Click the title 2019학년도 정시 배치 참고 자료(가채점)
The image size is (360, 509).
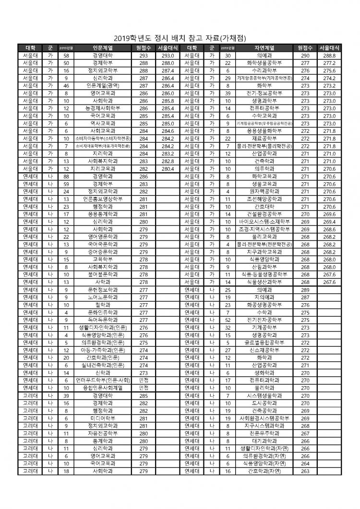[x=180, y=38]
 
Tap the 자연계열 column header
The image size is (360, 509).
[x=264, y=48]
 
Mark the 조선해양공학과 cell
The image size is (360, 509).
[x=264, y=199]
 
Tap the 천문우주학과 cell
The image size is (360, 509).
[x=264, y=434]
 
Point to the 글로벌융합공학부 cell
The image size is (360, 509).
[x=264, y=343]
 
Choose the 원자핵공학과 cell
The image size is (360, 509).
[x=264, y=191]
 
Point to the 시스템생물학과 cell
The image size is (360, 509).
[x=264, y=396]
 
